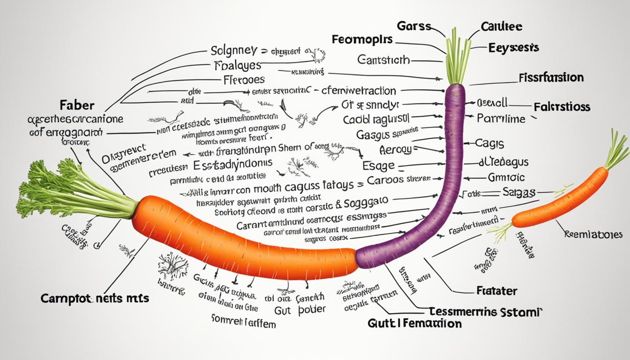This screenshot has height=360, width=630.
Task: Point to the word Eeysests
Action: pos(513,48)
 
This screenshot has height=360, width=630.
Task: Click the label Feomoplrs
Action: pos(361,39)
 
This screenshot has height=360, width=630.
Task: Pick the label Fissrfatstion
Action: pos(551,77)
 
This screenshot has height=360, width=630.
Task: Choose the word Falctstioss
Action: pos(562,106)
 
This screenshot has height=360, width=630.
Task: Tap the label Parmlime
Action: pos(501,118)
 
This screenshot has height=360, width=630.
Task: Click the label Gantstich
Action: pos(383,60)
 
